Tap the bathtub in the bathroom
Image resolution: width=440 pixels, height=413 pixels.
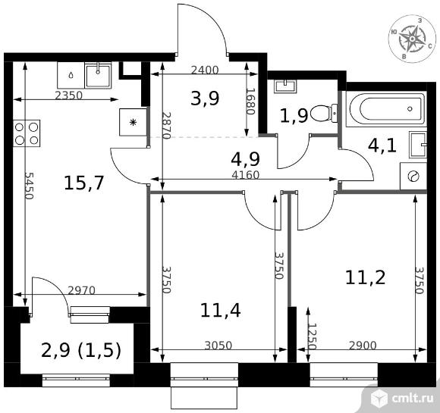point(387,109)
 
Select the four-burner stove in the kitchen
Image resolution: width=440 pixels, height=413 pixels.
point(27,133)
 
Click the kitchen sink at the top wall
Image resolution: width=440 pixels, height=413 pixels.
point(98,75)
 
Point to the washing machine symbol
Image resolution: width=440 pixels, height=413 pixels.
point(413,177)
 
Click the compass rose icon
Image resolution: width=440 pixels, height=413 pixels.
point(412,39)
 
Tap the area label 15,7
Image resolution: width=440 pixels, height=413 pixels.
point(84,183)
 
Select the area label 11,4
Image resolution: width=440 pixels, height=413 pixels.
point(220,311)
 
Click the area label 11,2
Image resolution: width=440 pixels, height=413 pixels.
point(365,277)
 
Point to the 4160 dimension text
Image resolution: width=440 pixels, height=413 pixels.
point(246,175)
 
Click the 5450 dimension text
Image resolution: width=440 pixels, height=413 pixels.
point(29,186)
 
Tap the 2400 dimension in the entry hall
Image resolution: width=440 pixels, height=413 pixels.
point(205,70)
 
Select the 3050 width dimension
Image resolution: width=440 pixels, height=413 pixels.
point(218,346)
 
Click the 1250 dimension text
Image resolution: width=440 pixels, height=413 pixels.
point(312,336)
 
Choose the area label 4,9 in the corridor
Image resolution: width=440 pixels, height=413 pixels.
point(246,159)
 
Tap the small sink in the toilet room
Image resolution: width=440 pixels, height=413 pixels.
point(285,86)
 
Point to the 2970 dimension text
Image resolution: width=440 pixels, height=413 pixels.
point(82,290)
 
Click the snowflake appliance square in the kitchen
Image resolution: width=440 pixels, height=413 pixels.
point(133,122)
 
